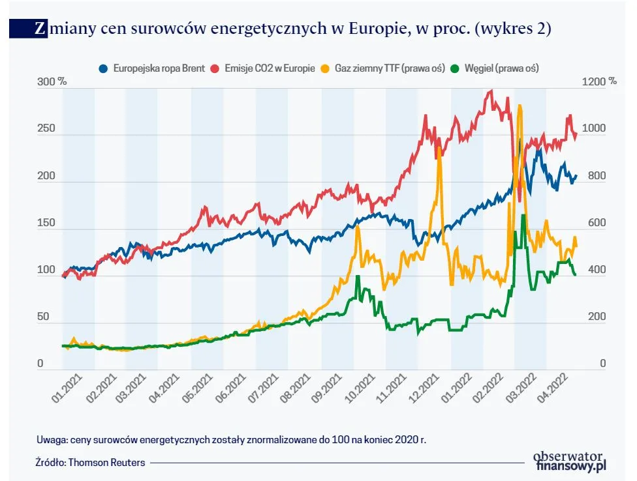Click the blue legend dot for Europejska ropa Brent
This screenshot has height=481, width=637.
103,68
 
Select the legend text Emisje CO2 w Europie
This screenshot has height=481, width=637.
271,68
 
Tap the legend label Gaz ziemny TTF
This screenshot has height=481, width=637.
381,68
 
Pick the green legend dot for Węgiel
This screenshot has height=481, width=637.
458,68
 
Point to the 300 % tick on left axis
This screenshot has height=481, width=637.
52,82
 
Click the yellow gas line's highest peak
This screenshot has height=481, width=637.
520,106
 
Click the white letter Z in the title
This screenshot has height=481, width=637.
40,29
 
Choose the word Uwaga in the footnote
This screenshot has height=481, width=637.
50,439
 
